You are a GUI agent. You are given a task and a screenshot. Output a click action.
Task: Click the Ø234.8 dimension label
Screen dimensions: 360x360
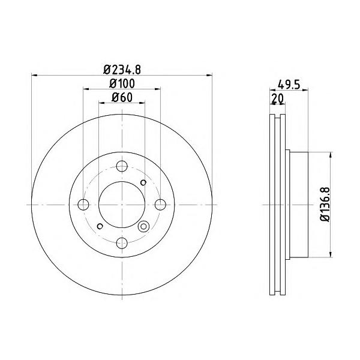(122, 70)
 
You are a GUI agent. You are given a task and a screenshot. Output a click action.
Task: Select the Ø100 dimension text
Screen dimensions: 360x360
(122, 83)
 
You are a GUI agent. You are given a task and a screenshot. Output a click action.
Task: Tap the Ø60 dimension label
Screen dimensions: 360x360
(122, 98)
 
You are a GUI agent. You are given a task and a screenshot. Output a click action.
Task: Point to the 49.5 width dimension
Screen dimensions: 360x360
(289, 85)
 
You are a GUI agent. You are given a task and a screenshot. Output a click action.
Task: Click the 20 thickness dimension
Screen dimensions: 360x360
(277, 98)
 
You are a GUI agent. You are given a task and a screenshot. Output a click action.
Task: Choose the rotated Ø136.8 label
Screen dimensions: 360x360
(325, 205)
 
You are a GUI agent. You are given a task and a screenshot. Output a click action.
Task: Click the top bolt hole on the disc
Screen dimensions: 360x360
(122, 166)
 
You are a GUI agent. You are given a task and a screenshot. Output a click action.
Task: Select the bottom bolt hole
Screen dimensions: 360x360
(122, 243)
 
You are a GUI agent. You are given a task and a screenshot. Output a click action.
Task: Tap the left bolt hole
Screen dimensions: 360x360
(83, 205)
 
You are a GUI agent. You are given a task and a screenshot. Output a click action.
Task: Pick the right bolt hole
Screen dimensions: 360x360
(160, 205)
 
